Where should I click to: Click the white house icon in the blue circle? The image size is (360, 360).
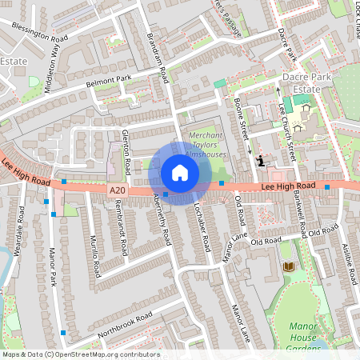[180, 173]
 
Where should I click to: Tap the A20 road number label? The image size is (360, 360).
[118, 190]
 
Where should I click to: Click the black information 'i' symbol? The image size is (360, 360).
[260, 161]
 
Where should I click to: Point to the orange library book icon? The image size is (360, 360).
[288, 266]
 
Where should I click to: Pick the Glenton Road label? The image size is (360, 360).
[126, 152]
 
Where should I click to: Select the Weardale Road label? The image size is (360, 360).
[19, 228]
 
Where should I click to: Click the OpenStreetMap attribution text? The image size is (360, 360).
[80, 354]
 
